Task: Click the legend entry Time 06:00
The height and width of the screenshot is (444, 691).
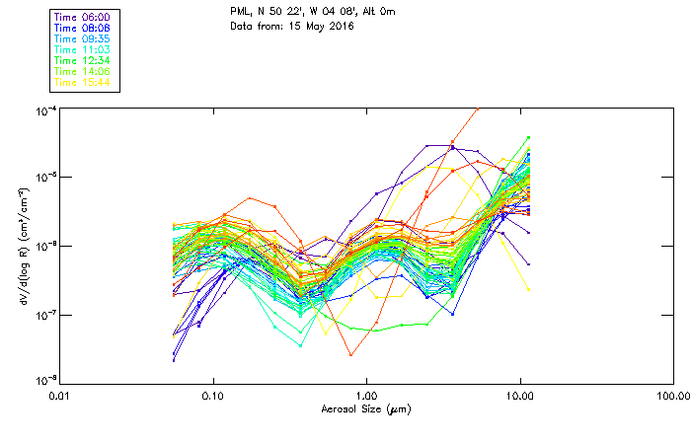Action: [82, 18]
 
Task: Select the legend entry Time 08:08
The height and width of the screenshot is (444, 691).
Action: [82, 29]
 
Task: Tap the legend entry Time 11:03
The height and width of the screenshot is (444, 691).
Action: [82, 50]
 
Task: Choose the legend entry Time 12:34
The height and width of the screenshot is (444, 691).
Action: [82, 61]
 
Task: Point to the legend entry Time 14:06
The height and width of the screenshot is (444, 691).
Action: [82, 72]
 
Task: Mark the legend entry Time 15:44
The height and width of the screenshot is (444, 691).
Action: [82, 83]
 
